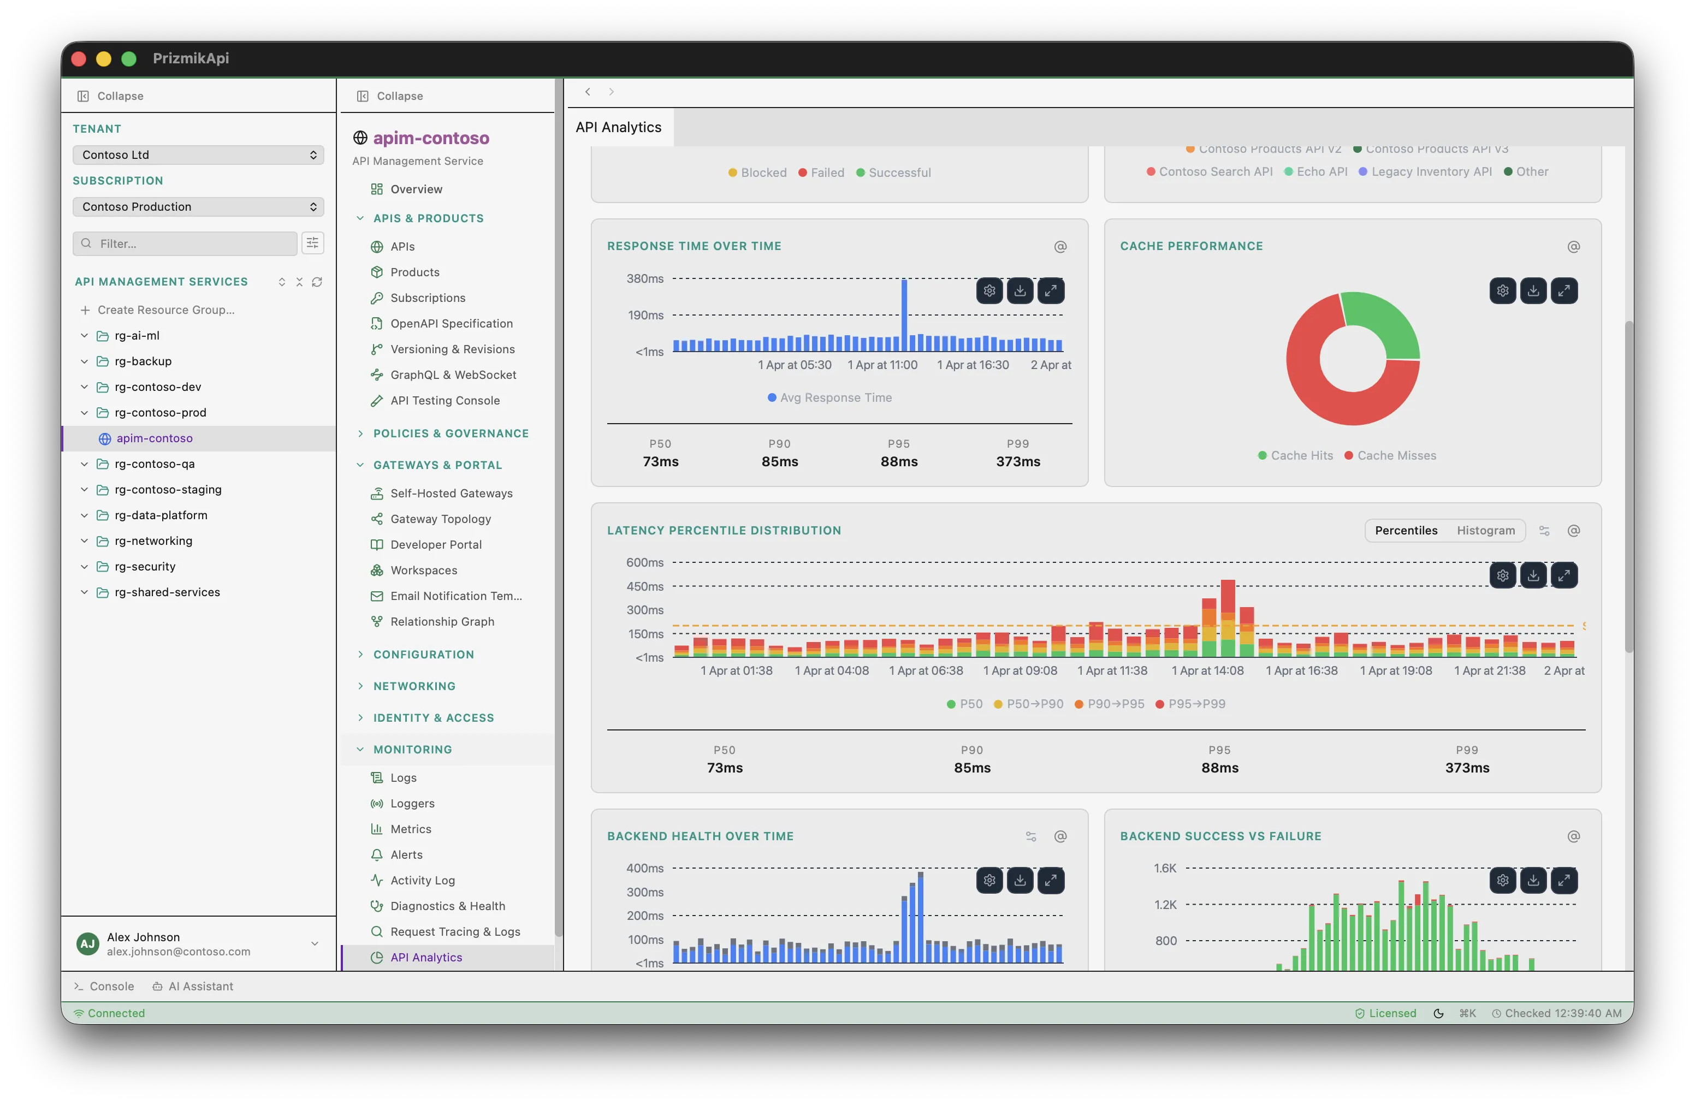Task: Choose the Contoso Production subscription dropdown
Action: [198, 206]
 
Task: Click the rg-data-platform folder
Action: [161, 515]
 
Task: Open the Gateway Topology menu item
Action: [440, 519]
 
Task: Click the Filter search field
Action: [185, 243]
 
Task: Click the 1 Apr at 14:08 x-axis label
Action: [1207, 670]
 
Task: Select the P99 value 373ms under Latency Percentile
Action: [1466, 768]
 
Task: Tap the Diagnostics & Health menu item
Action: [447, 906]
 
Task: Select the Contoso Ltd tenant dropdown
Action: [198, 155]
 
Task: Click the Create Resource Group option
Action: [165, 310]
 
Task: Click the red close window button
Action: [79, 58]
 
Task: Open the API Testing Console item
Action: [445, 400]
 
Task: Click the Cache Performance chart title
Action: [1191, 246]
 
